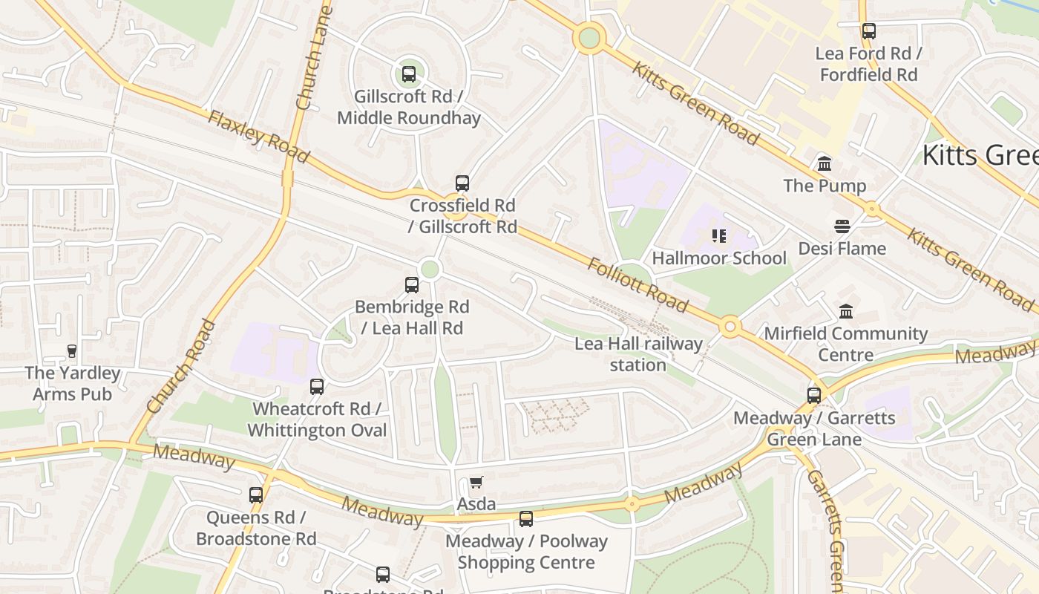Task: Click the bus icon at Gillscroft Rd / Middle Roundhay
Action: pyautogui.click(x=408, y=74)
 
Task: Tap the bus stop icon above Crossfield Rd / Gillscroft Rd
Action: pyautogui.click(x=462, y=183)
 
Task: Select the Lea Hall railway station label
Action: pyautogui.click(x=638, y=354)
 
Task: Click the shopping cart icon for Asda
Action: pyautogui.click(x=476, y=483)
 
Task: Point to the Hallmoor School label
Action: pyautogui.click(x=718, y=258)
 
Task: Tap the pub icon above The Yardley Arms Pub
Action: pyautogui.click(x=72, y=350)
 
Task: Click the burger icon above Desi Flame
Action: pyautogui.click(x=842, y=226)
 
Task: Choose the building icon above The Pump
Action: pyautogui.click(x=825, y=163)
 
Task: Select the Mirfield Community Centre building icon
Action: pyautogui.click(x=845, y=311)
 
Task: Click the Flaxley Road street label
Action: pyautogui.click(x=258, y=137)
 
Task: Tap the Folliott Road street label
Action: pyautogui.click(x=638, y=284)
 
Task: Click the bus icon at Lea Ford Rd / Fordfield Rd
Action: pyautogui.click(x=868, y=31)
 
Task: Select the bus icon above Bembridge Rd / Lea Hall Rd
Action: pyautogui.click(x=411, y=284)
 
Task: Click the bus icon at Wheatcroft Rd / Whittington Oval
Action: pyautogui.click(x=317, y=386)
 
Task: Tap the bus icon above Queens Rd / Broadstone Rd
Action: pyautogui.click(x=256, y=495)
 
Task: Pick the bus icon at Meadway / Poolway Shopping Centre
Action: pyautogui.click(x=526, y=518)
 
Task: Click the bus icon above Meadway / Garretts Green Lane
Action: pyautogui.click(x=814, y=395)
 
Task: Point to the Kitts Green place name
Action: pyautogui.click(x=980, y=155)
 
